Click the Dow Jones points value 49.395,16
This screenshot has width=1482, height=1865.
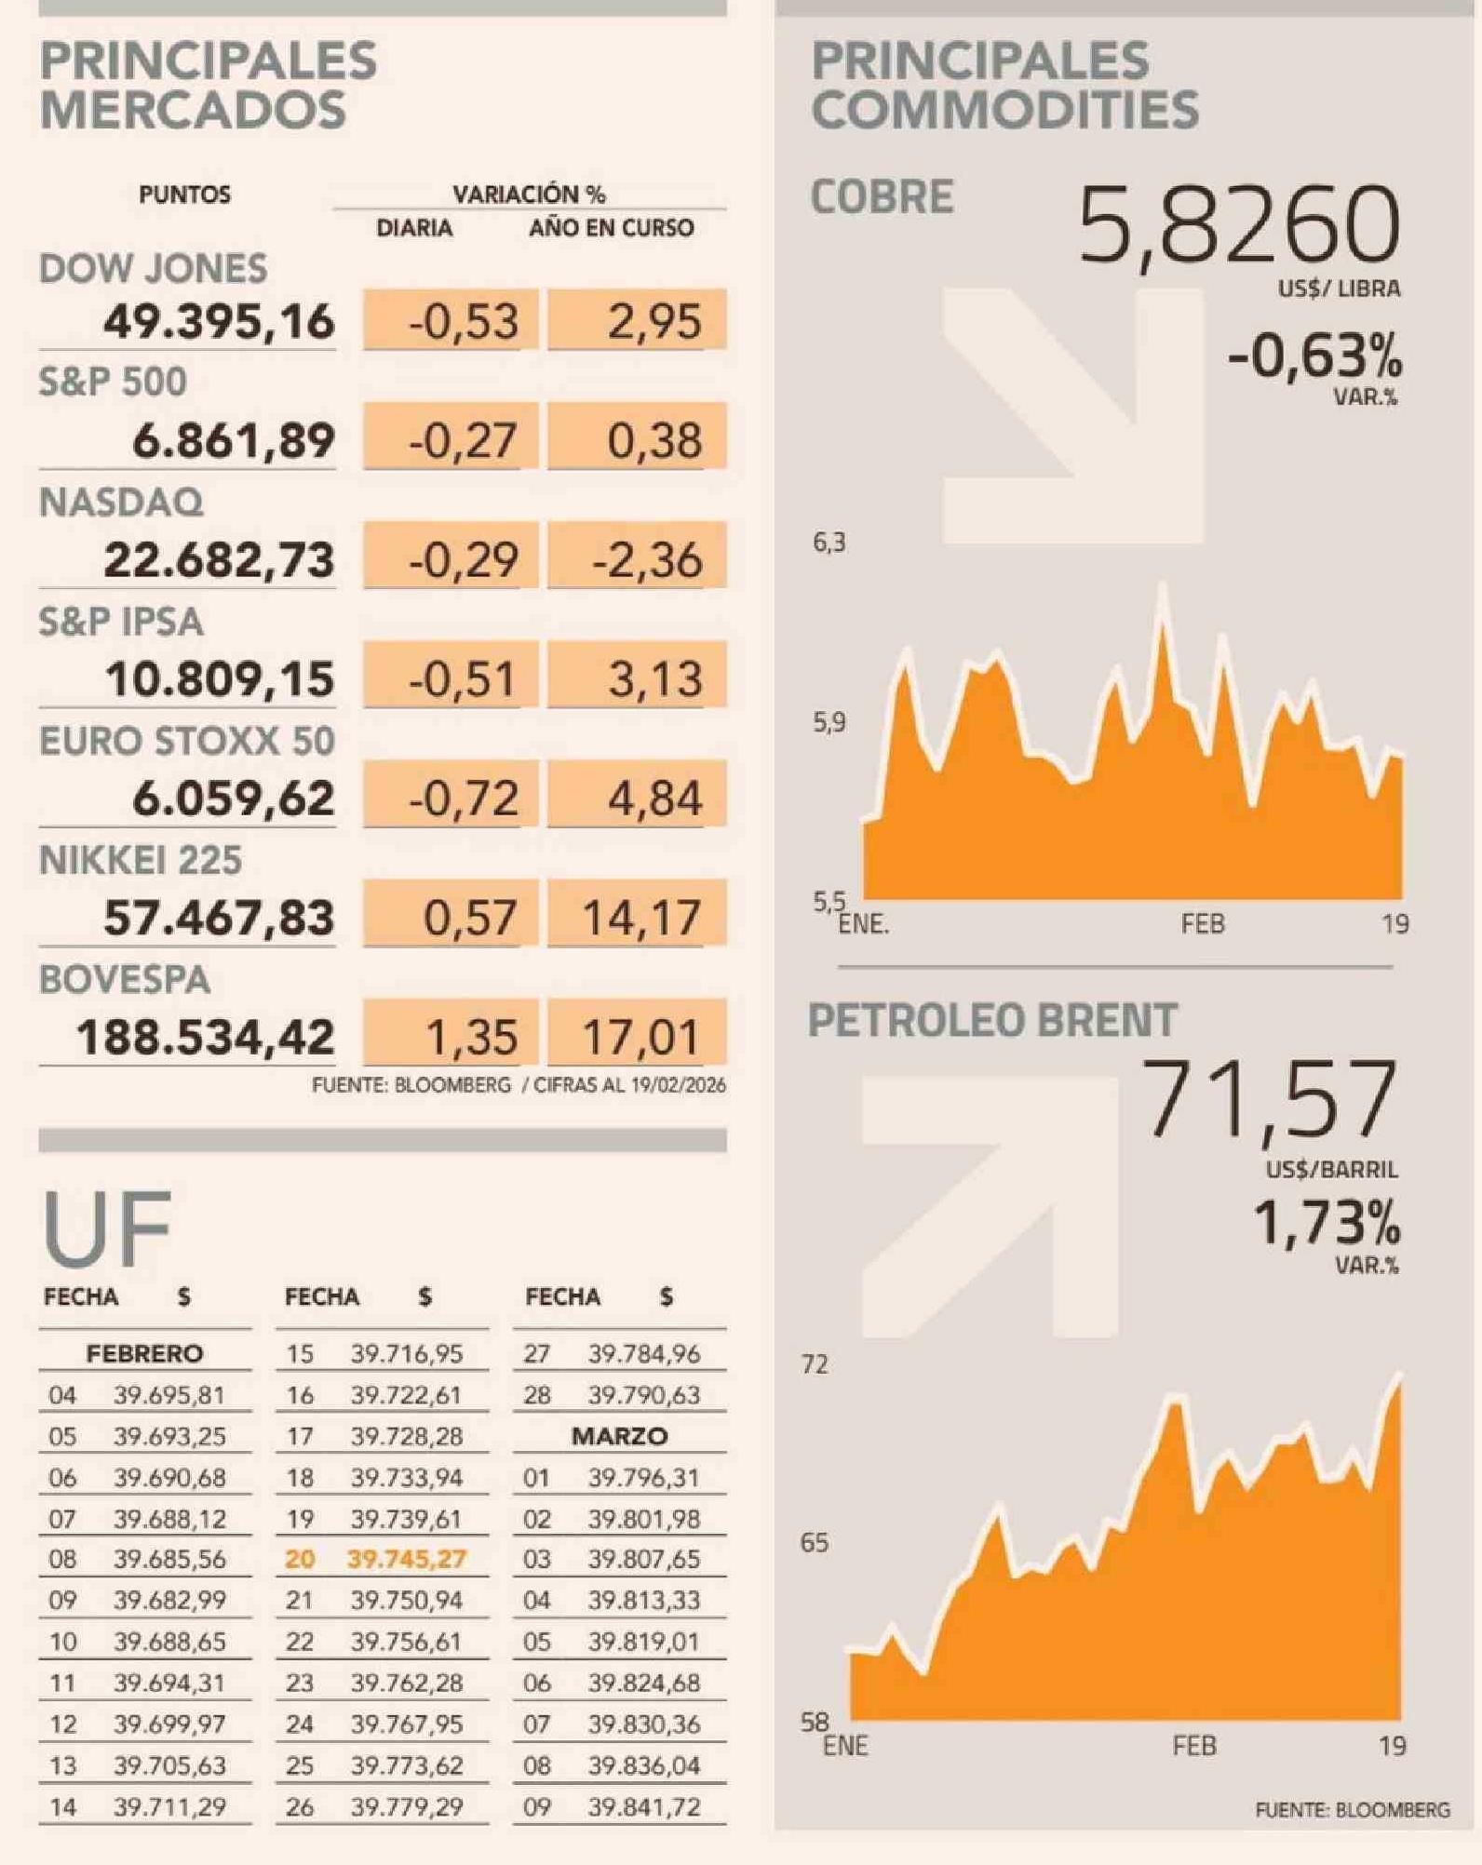219,322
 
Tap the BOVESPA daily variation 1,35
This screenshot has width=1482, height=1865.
471,1037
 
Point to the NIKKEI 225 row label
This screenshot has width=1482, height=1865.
141,861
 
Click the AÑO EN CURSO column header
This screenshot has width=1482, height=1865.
611,228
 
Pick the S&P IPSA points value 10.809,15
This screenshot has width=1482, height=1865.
220,679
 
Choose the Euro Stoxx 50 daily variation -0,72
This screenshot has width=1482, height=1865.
464,798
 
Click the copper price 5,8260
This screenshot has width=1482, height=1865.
1238,226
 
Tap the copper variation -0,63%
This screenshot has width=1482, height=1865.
1314,356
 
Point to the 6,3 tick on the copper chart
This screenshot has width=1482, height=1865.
829,543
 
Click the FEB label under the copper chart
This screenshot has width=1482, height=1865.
1203,924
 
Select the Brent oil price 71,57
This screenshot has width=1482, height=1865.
1269,1101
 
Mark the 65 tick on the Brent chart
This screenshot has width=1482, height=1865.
815,1543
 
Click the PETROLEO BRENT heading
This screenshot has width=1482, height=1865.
992,1020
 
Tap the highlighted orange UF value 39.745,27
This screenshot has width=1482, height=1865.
407,1560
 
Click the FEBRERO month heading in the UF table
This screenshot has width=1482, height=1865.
144,1353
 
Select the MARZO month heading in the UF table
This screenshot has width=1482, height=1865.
619,1436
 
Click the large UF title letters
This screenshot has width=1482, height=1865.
107,1228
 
